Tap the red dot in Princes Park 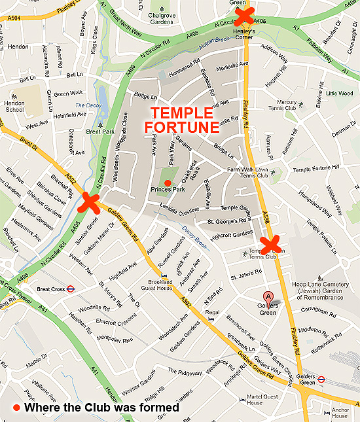pyautogui.click(x=168, y=183)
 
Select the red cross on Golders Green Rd pyautogui.click(x=89, y=203)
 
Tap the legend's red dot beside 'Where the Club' pyautogui.click(x=17, y=408)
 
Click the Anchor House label pyautogui.click(x=340, y=413)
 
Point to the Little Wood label pyautogui.click(x=340, y=93)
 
